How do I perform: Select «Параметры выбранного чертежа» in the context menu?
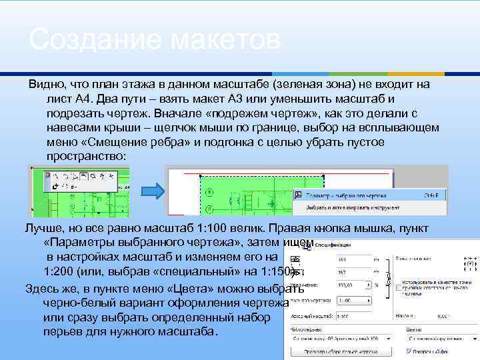tap(347, 195)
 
